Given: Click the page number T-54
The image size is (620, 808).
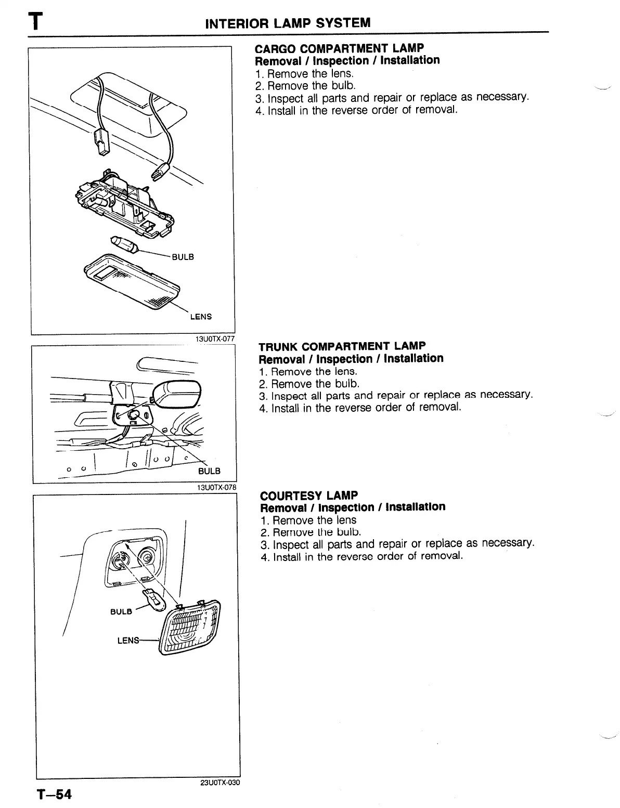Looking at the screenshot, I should (54, 794).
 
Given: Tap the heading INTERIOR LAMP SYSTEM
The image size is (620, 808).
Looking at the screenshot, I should (288, 23).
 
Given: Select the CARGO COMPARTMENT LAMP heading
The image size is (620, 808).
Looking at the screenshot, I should (339, 48).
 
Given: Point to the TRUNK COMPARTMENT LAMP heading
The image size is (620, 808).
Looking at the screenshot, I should (342, 346).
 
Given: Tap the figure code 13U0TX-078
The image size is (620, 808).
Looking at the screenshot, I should (216, 487).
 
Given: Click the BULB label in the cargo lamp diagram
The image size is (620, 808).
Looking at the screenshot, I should (183, 257).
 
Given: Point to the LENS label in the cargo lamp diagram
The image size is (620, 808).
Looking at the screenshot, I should (201, 317).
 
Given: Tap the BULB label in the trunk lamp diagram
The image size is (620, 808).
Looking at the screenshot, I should (210, 471).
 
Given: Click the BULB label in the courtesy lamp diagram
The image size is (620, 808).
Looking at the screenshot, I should (121, 611).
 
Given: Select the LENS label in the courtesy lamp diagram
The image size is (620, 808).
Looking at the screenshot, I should (128, 641).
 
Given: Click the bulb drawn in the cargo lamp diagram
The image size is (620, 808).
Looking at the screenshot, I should (123, 243).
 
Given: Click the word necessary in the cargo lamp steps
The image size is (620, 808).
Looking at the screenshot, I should (500, 97).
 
